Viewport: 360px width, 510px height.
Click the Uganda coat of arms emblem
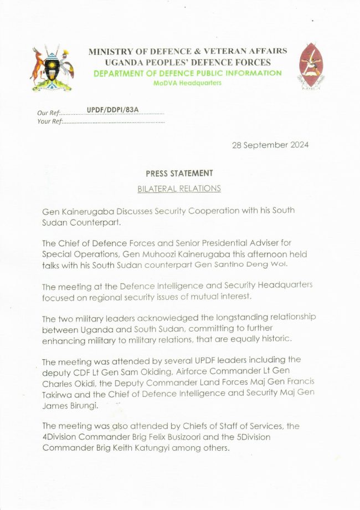click(x=52, y=68)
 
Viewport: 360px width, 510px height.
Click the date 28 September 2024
click(x=270, y=145)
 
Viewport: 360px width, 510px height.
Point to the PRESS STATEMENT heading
click(x=179, y=174)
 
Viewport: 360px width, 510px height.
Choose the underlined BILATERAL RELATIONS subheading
click(x=179, y=188)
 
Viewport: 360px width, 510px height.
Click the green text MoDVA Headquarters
click(x=187, y=83)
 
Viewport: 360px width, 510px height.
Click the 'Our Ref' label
click(x=48, y=113)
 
